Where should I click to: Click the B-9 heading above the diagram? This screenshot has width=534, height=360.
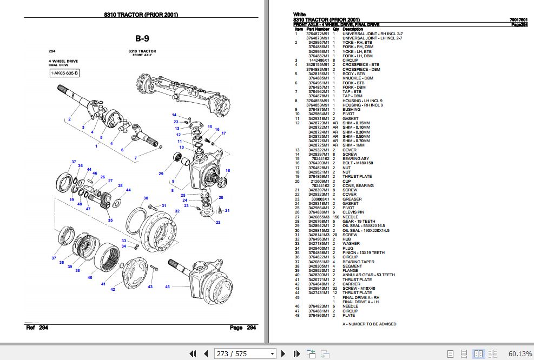click(142, 38)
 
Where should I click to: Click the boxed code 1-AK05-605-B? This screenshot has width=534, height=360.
click(64, 73)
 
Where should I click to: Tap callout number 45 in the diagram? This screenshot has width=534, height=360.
click(167, 286)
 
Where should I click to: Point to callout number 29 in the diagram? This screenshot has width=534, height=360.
click(161, 174)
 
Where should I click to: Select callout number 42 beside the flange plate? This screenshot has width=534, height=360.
click(113, 290)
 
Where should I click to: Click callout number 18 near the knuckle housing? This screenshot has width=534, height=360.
click(227, 170)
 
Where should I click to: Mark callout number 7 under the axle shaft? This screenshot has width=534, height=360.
click(136, 158)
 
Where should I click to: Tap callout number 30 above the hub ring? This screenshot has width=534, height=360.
click(146, 198)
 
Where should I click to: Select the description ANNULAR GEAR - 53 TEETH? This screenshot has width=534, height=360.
click(368, 275)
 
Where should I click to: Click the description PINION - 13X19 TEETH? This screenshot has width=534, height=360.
click(364, 252)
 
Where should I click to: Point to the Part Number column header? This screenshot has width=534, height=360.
click(318, 29)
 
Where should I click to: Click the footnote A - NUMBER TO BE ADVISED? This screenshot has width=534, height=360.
click(369, 324)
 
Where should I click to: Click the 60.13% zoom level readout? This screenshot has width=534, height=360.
click(520, 354)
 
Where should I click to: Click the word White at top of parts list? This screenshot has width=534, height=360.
click(299, 14)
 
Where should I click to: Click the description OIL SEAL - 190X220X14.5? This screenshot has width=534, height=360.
click(366, 230)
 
